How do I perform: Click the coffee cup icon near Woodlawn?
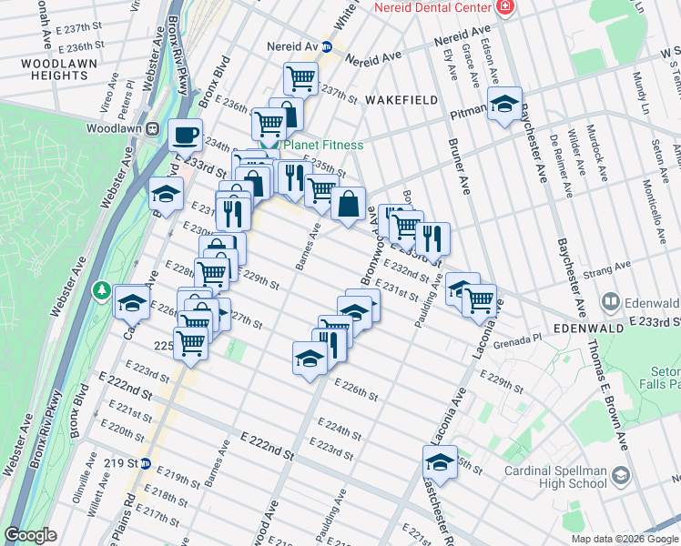186,135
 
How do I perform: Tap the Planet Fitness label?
322,145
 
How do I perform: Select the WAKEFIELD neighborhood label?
401,99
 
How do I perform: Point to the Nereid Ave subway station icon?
326,46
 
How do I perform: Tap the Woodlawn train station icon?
153,129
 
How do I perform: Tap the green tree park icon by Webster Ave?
103,290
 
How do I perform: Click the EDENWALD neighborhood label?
588,325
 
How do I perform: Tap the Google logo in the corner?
30,535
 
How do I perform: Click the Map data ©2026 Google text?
625,539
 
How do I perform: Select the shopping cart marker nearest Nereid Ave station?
300,77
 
